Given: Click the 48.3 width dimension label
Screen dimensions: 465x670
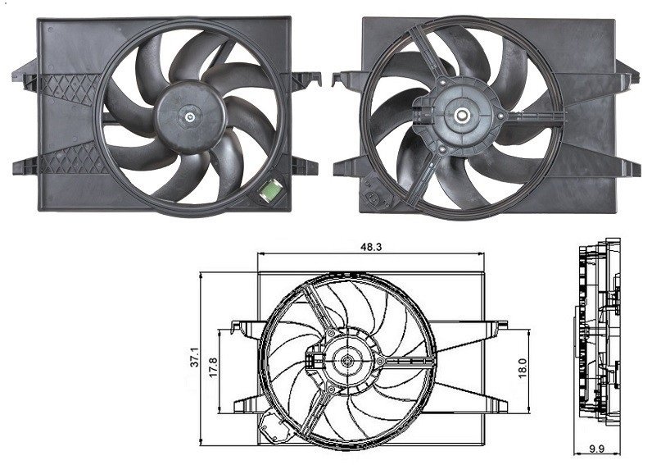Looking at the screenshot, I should (x=373, y=245).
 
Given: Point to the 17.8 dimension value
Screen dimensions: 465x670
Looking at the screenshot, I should (x=214, y=365).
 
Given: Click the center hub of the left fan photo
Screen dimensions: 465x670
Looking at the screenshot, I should (x=191, y=117).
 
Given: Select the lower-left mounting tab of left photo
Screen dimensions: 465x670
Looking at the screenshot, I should (x=22, y=167).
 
